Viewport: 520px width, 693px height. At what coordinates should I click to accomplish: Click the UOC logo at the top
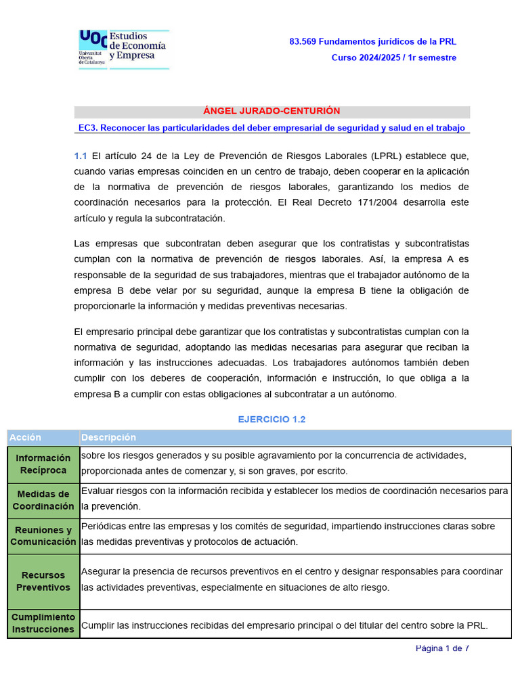click(x=123, y=49)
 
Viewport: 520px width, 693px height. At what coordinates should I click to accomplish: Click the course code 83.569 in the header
click(x=302, y=41)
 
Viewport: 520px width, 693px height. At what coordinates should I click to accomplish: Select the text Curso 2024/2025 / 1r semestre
click(x=393, y=58)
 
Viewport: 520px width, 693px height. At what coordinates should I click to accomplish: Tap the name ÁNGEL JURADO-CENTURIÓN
click(x=272, y=111)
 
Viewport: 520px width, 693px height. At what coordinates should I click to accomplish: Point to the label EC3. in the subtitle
click(x=89, y=128)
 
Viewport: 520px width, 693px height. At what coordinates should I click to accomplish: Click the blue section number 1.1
click(x=81, y=156)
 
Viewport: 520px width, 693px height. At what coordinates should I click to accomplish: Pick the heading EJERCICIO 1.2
click(x=272, y=420)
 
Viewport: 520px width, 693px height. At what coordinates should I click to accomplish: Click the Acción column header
click(x=25, y=437)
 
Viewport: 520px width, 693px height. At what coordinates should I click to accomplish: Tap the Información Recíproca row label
click(x=43, y=464)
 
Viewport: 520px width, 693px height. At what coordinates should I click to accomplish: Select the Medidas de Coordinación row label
click(x=43, y=500)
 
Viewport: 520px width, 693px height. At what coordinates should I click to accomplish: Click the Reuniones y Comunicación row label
click(x=43, y=536)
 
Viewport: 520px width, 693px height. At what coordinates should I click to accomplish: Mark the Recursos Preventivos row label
click(x=43, y=581)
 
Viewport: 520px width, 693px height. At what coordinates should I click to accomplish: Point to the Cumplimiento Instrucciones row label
click(x=43, y=623)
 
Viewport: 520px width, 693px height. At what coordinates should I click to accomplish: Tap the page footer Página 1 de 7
click(x=442, y=648)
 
